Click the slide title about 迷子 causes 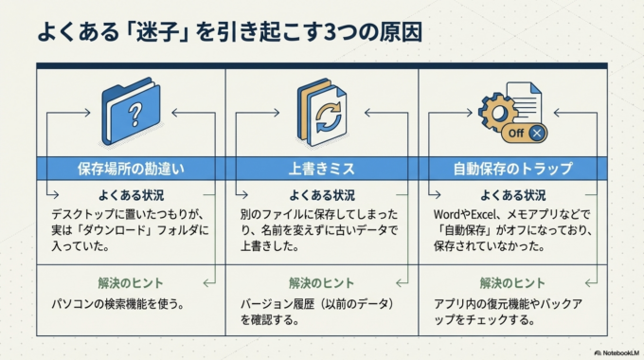click(228, 30)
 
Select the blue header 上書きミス click(321, 169)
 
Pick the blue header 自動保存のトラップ click(513, 169)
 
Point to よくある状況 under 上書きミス click(321, 195)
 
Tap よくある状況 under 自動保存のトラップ click(513, 195)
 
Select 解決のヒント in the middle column click(321, 282)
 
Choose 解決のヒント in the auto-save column click(513, 282)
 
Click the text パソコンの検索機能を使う click(117, 304)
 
